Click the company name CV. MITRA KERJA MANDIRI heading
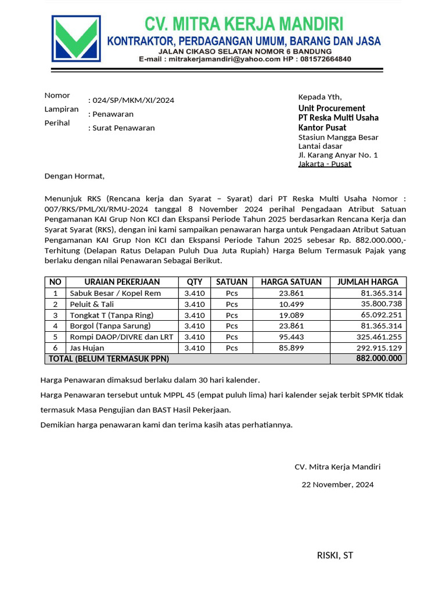244,24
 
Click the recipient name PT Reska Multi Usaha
338,117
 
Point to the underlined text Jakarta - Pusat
325,164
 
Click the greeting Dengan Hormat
74,175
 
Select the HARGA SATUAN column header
291,282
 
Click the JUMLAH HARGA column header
368,282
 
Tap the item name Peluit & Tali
92,304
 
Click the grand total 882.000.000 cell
379,359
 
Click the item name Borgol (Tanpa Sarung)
110,325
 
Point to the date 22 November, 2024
337,484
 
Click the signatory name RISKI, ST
334,555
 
